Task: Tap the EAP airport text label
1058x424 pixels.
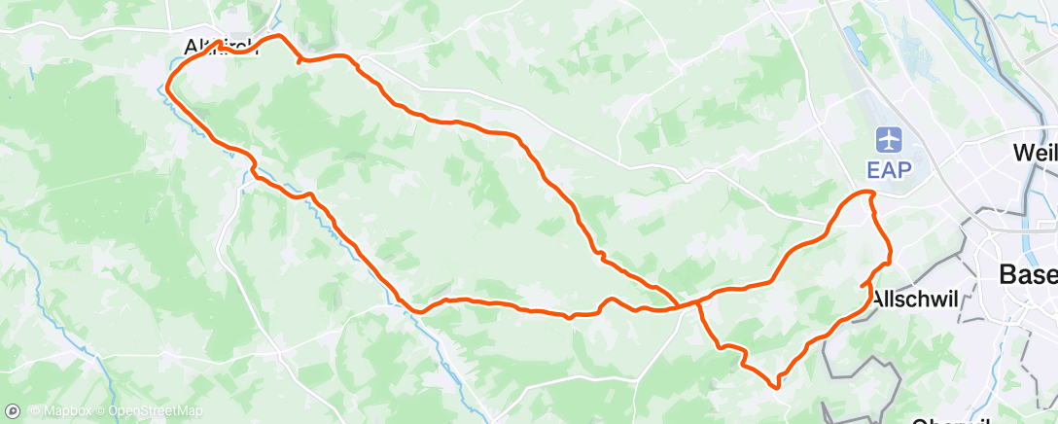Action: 889,169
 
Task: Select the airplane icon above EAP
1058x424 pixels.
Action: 889,139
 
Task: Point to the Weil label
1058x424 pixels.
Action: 1034,153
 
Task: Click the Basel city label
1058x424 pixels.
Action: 1029,275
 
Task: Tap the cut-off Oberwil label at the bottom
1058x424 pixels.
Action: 951,420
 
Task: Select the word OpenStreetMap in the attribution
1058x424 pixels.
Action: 155,411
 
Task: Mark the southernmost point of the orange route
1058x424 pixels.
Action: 777,387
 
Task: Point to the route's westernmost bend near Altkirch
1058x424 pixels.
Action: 169,85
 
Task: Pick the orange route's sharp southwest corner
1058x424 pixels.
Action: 421,311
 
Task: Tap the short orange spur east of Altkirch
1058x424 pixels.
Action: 298,61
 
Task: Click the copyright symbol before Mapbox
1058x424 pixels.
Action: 35,411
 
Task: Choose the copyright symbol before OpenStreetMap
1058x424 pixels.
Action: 101,411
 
